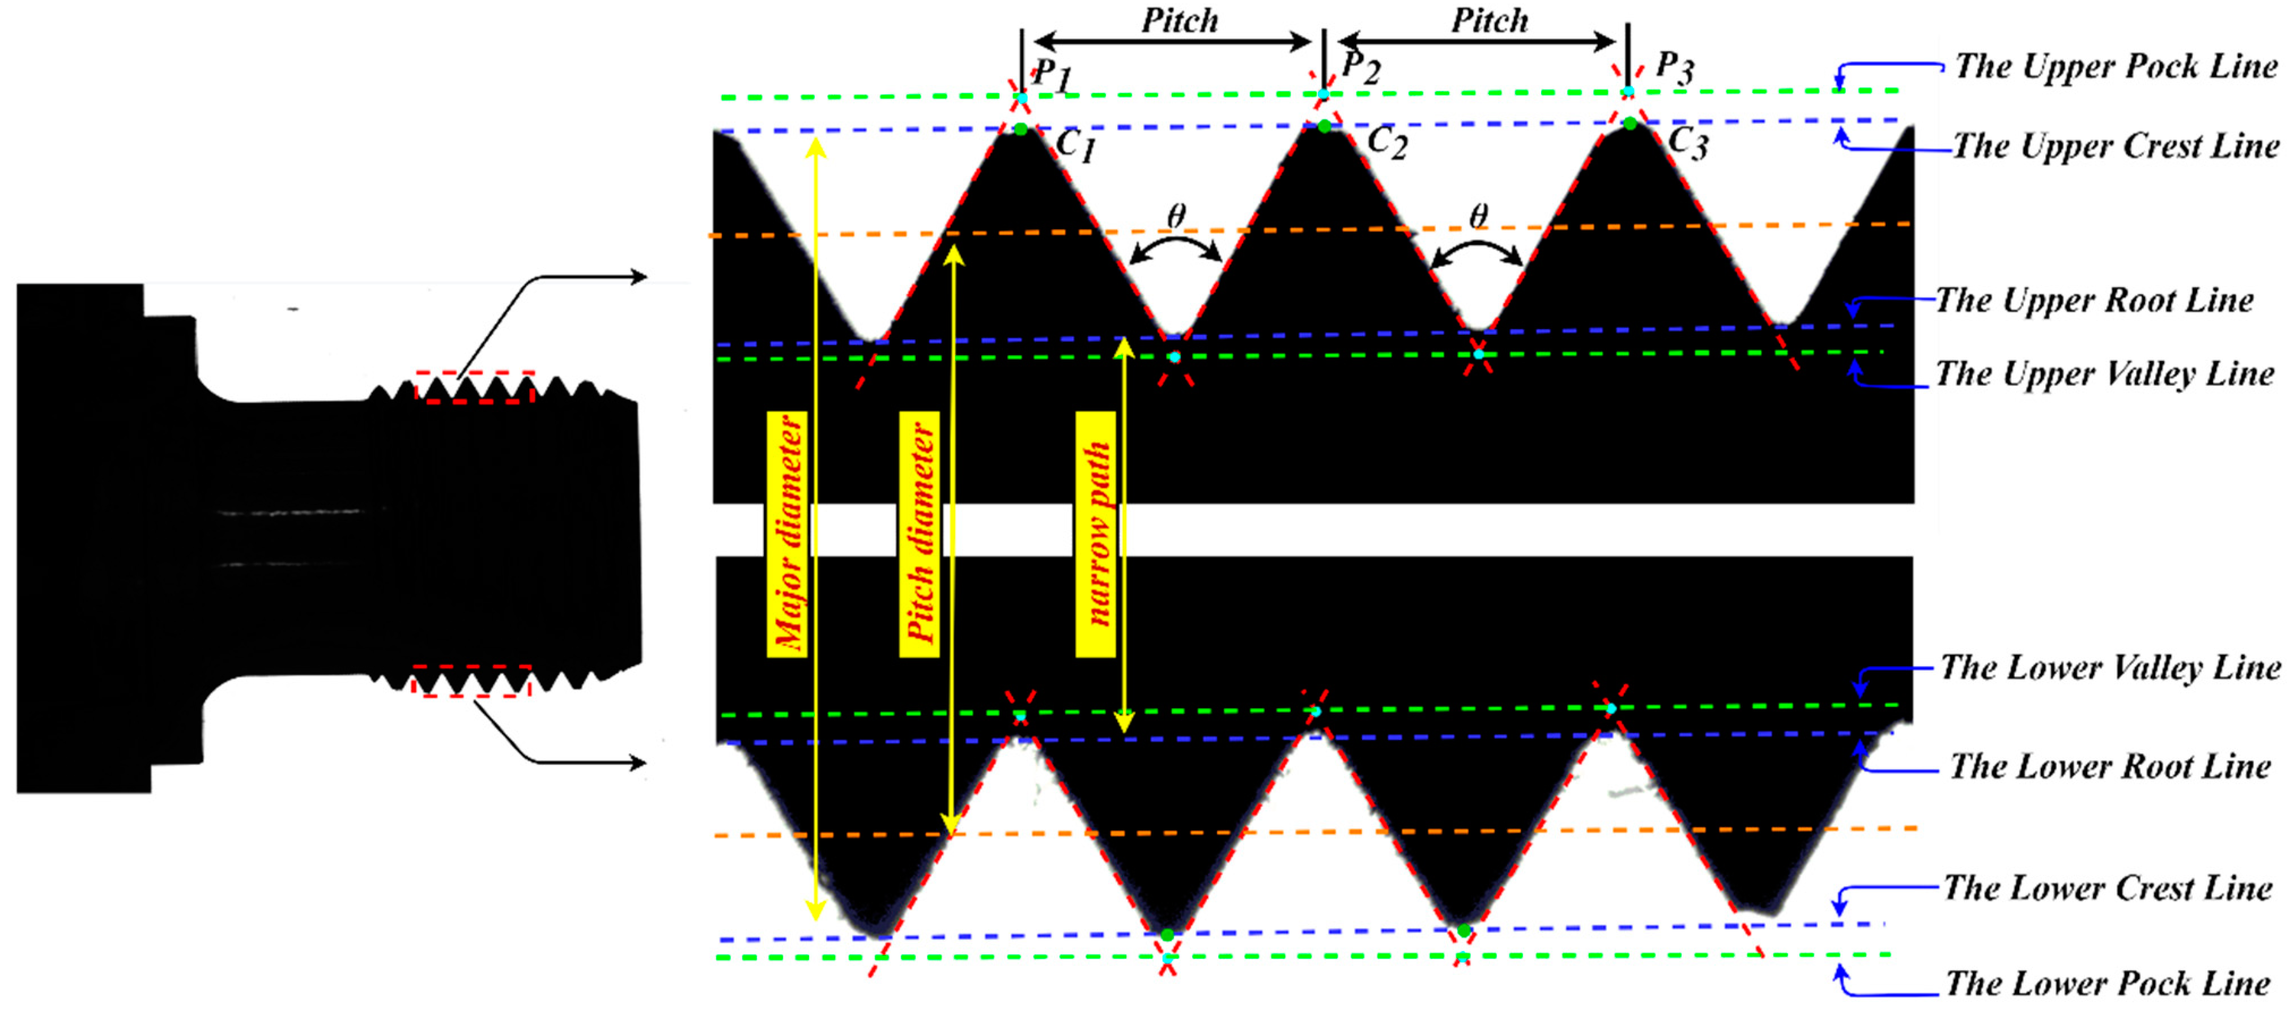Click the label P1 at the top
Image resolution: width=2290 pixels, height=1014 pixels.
pos(1053,75)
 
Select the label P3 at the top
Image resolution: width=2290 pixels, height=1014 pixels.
pos(1675,67)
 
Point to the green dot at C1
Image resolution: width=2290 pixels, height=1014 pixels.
pos(1020,129)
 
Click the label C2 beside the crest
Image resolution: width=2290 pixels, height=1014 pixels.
pos(1387,142)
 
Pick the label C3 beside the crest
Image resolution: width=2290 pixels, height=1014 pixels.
pos(1687,142)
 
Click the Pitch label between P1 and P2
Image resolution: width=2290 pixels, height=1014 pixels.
pos(1179,20)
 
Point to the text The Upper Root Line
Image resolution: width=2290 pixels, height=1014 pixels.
pos(2095,300)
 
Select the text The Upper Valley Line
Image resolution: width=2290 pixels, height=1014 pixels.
pos(2105,374)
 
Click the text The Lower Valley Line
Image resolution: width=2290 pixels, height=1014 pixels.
pos(2110,667)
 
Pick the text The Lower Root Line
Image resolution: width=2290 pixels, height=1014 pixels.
pos(2110,766)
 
